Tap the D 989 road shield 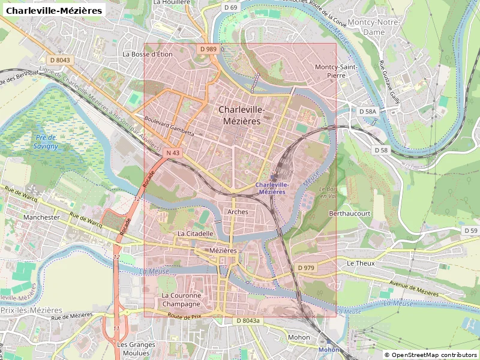pos(208,49)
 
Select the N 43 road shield pos(173,153)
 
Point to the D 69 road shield pos(230,7)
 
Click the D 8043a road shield pos(248,321)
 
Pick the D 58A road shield pos(367,112)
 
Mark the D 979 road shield pos(305,268)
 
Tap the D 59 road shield pos(470,230)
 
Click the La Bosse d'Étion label pos(148,54)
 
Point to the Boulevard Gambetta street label pos(170,124)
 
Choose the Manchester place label pos(41,217)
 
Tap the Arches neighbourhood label pos(238,212)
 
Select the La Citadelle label pos(195,233)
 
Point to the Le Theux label pos(361,263)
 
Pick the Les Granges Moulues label pos(136,349)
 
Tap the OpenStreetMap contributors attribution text pos(430,355)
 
